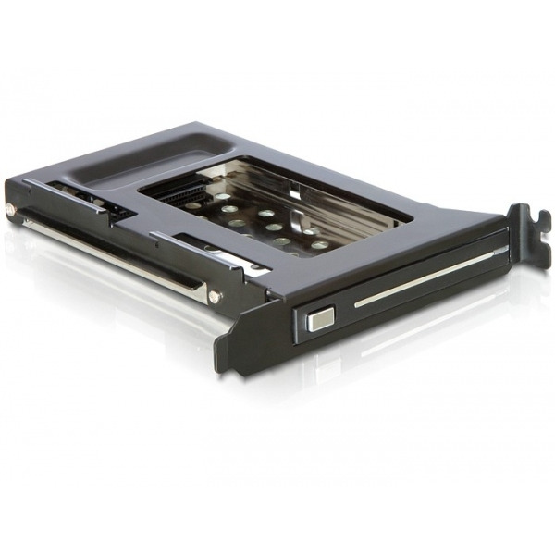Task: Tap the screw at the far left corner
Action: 10,210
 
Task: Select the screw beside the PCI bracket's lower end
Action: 215,297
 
